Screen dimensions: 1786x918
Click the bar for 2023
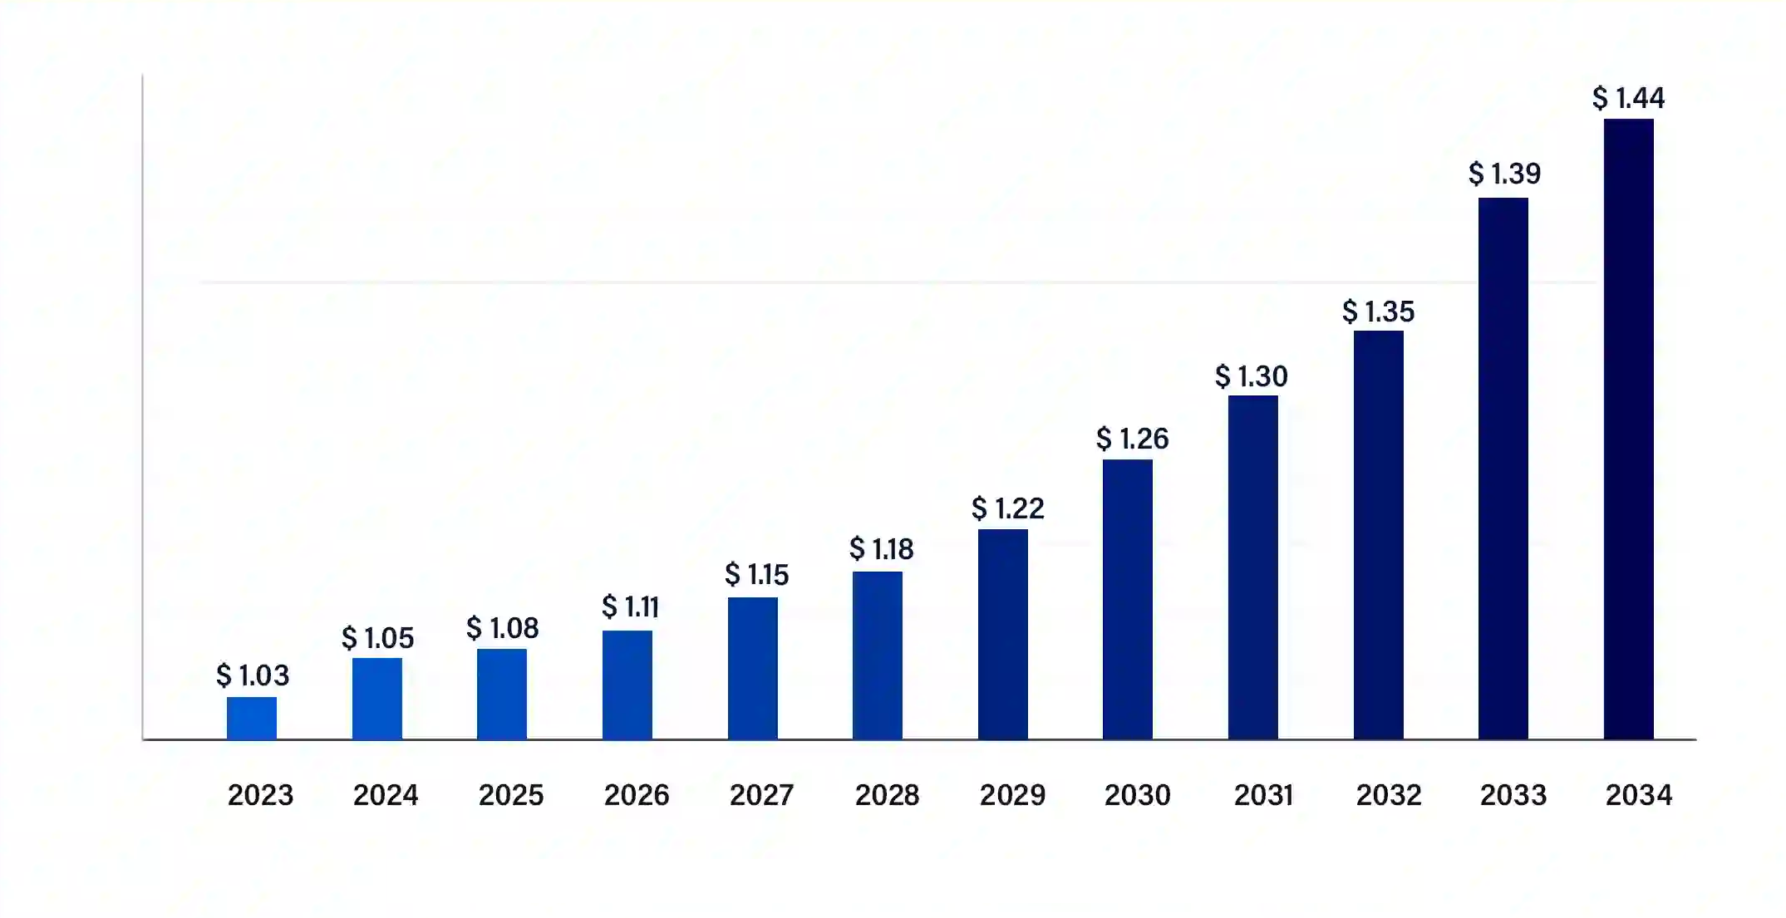(252, 718)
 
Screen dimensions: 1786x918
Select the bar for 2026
(627, 685)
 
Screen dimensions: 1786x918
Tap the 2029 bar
(1003, 634)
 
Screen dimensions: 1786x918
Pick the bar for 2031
(1253, 567)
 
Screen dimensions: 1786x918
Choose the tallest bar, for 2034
(1629, 429)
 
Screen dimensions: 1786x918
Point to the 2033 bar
(1503, 469)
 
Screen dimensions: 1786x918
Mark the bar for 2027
(753, 668)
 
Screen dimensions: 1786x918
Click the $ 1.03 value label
(253, 675)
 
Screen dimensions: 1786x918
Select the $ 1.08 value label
(503, 627)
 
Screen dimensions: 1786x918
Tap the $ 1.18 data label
(882, 548)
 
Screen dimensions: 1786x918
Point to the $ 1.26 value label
(1133, 438)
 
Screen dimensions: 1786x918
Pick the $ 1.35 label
(1379, 312)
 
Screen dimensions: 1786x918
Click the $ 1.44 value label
(1629, 98)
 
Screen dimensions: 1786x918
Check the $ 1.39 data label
(1505, 174)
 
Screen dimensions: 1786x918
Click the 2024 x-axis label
(386, 795)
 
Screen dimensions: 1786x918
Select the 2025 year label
(511, 795)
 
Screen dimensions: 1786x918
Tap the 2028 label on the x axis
(888, 795)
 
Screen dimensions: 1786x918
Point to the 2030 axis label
(1138, 795)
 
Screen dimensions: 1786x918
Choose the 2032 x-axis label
(1389, 795)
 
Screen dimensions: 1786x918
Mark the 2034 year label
(1639, 795)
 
